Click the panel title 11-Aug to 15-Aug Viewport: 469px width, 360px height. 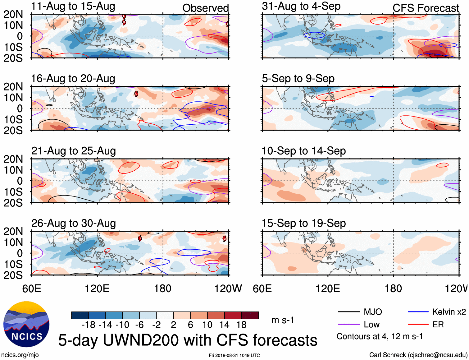pyautogui.click(x=73, y=6)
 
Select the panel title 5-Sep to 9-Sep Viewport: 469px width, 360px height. pyautogui.click(x=298, y=79)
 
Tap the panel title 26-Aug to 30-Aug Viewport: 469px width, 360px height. pyautogui.click(x=74, y=223)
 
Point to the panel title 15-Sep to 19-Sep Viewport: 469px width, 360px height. pyautogui.click(x=303, y=223)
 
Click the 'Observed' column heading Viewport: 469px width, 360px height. pyautogui.click(x=205, y=8)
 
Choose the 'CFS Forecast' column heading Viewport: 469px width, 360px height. pyautogui.click(x=426, y=8)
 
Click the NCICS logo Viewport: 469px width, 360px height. pyautogui.click(x=26, y=324)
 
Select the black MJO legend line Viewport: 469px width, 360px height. pyautogui.click(x=348, y=312)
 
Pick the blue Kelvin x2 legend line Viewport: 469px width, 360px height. pyautogui.click(x=418, y=312)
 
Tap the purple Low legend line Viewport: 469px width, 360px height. pyautogui.click(x=348, y=325)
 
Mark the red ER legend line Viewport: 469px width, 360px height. pyautogui.click(x=418, y=325)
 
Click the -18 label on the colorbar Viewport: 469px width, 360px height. pyautogui.click(x=89, y=325)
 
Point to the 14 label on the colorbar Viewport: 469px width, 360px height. pyautogui.click(x=224, y=325)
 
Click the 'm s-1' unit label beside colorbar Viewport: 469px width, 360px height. pyautogui.click(x=283, y=320)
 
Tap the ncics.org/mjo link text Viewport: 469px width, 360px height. pyautogui.click(x=20, y=355)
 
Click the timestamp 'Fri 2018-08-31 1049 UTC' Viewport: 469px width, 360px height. pyautogui.click(x=234, y=355)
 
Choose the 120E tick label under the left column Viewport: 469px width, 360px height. pyautogui.click(x=97, y=288)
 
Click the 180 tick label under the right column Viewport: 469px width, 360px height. pyautogui.click(x=393, y=288)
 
